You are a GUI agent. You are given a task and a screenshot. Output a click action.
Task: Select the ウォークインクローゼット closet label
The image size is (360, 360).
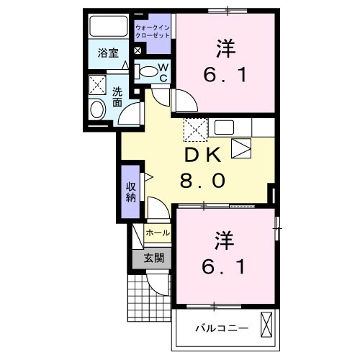pos(151,30)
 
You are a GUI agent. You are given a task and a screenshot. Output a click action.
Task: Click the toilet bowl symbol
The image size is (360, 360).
pos(147,71)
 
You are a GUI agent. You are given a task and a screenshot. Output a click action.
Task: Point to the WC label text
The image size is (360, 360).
pos(163,73)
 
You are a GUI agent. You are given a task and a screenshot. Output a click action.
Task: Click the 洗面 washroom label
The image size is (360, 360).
pos(117,97)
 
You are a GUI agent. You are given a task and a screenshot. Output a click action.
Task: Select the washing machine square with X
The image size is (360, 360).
pos(96,85)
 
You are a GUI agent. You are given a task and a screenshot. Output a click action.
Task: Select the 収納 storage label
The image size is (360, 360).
pos(131,192)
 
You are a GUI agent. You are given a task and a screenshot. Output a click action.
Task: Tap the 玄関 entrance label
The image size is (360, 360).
pos(153,258)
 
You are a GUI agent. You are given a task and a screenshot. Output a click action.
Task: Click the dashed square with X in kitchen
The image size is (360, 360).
pos(195,130)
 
